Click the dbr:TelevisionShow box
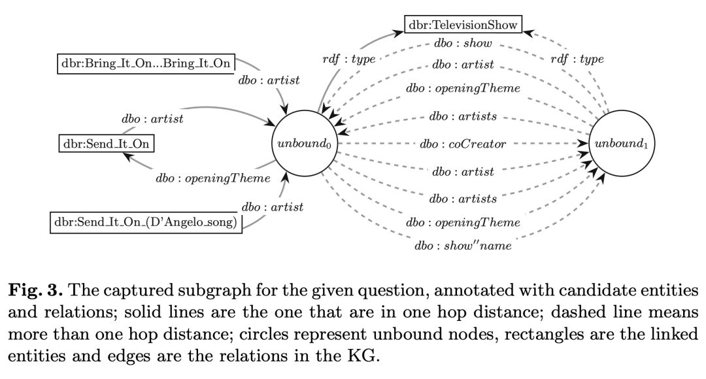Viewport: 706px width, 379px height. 463,25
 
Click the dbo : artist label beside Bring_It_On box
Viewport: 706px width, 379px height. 269,81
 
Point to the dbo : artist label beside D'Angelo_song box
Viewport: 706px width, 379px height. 273,208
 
